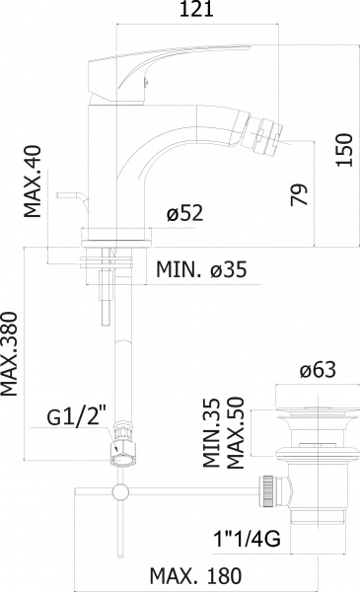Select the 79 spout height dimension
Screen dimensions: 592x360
299,192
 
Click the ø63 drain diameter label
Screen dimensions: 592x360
318,370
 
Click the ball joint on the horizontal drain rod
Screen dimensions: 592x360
119,492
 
